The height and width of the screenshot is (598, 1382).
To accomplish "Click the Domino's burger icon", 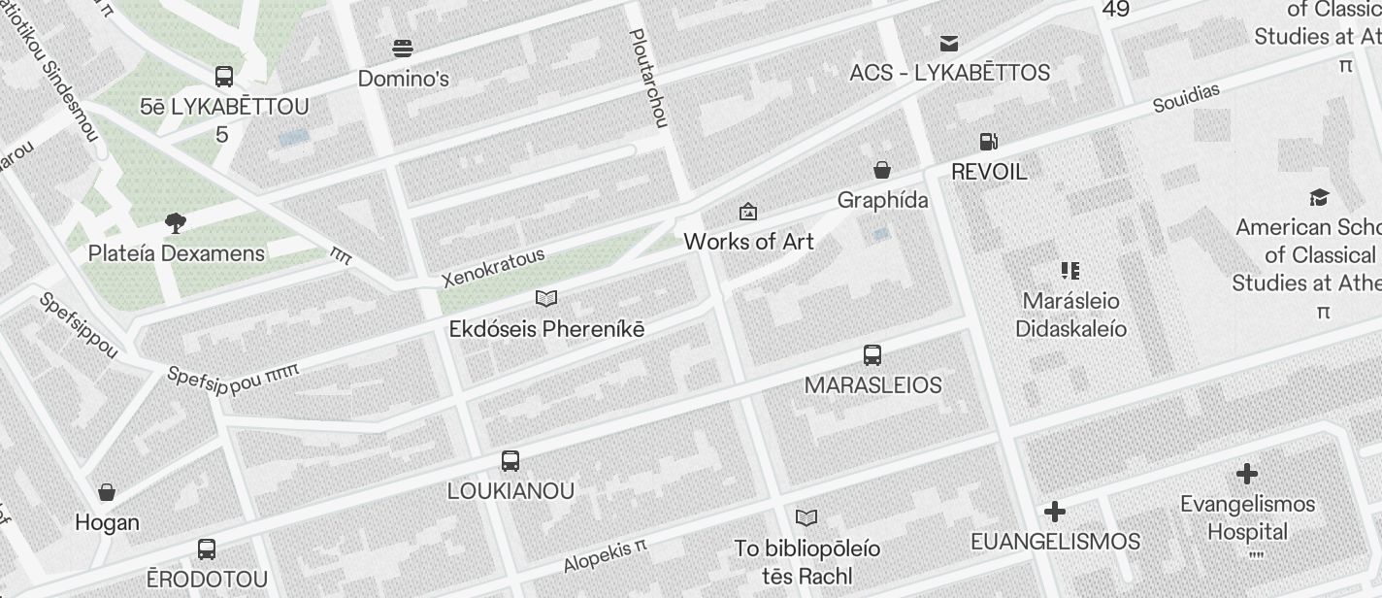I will [x=403, y=48].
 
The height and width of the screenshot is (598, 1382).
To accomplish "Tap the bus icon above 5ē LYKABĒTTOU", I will [x=224, y=76].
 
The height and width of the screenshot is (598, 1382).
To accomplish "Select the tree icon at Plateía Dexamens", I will [x=176, y=223].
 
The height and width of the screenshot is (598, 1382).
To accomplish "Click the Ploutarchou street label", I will [x=648, y=78].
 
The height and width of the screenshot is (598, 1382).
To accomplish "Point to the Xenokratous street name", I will [x=493, y=269].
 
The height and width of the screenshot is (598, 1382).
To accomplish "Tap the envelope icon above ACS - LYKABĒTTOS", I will [x=949, y=43].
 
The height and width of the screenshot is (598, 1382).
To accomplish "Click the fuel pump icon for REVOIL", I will [x=988, y=142].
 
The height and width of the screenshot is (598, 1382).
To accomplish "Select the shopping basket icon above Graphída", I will [x=882, y=171].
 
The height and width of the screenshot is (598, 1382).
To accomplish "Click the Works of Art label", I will [x=748, y=242].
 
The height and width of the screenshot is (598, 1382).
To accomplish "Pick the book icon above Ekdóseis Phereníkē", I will [x=546, y=298].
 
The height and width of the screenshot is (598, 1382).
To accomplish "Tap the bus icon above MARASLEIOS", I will [x=872, y=355].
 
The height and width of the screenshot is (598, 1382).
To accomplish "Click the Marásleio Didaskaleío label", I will [x=1070, y=315].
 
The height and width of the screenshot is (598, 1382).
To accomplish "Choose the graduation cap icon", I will [x=1318, y=198].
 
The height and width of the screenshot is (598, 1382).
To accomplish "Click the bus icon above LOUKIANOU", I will [x=510, y=461].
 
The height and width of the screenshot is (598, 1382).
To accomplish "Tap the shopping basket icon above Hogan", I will [x=107, y=492].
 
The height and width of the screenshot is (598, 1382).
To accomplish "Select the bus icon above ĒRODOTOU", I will [x=207, y=549].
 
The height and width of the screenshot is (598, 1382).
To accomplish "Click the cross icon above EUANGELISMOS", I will [x=1055, y=512].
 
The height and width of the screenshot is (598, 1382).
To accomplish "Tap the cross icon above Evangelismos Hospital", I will [x=1247, y=474].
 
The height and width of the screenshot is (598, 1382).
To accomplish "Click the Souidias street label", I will [x=1186, y=98].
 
